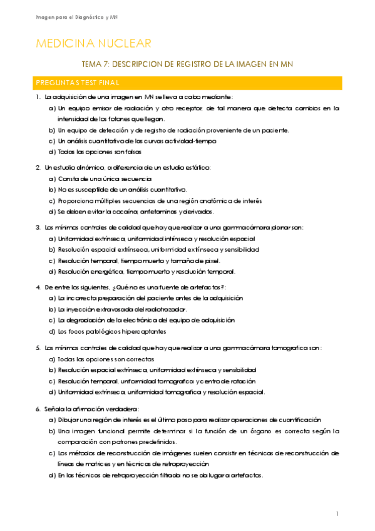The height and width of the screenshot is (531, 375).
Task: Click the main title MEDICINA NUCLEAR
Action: pos(94,43)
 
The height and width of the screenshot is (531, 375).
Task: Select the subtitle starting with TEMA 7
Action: pos(187,64)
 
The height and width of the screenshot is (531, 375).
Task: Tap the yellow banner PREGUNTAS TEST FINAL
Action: pos(187,83)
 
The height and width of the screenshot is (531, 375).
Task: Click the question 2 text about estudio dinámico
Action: pos(128,167)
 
